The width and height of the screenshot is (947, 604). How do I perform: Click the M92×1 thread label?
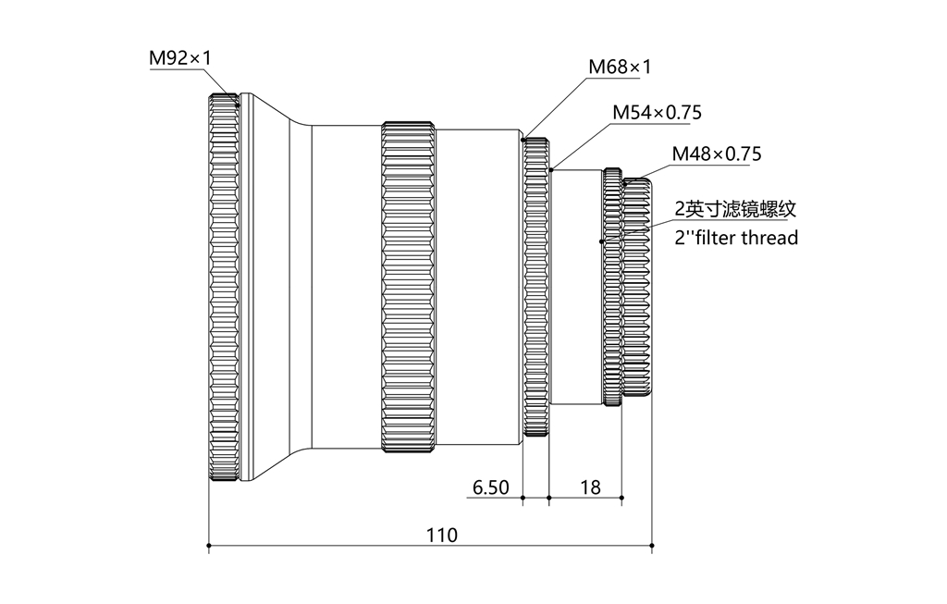click(180, 58)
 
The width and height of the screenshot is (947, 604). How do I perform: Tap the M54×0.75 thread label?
click(657, 113)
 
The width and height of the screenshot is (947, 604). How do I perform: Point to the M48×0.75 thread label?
click(716, 154)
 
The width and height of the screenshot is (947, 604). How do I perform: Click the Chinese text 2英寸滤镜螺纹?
click(734, 209)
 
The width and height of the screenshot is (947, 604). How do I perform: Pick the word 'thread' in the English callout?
click(767, 238)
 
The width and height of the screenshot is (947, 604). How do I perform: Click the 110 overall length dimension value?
click(441, 535)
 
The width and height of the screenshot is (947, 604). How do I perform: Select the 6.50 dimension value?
click(490, 487)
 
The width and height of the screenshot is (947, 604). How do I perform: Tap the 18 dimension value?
click(589, 487)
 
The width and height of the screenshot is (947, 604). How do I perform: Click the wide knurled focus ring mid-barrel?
click(408, 288)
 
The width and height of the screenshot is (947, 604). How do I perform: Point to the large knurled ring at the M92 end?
click(224, 288)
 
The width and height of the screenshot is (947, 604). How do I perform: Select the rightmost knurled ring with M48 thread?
click(637, 288)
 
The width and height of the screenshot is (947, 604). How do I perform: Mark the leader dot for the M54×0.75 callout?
click(551, 169)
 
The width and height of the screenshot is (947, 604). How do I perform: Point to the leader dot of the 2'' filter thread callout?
click(602, 241)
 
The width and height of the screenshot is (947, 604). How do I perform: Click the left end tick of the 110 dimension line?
click(209, 546)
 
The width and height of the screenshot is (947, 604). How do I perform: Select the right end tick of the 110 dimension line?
click(653, 546)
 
